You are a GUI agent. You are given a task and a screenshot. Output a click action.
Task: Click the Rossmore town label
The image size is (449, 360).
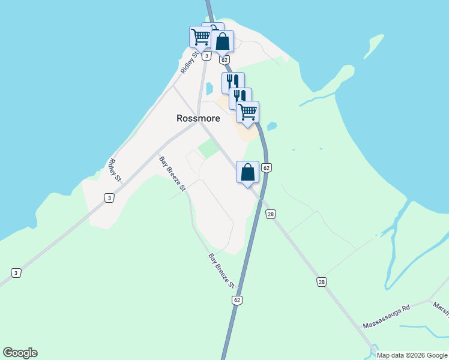click(198, 118)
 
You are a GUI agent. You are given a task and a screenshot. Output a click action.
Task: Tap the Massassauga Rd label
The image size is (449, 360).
click(386, 316)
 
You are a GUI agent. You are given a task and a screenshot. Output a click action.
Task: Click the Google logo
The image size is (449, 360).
click(20, 353)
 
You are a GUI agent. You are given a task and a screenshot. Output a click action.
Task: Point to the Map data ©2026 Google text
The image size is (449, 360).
click(411, 355)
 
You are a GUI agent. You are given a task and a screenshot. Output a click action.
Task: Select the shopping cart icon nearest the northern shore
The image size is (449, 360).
click(200, 37)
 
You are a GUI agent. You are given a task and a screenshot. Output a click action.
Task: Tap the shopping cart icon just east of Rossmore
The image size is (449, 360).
click(247, 112)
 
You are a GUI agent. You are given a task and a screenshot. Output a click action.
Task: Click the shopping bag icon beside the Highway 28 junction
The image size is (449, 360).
click(247, 172)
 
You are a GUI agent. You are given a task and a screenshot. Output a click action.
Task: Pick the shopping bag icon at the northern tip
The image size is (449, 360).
click(222, 41)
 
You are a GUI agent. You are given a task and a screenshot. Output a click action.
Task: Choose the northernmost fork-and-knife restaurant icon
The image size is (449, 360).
click(232, 82)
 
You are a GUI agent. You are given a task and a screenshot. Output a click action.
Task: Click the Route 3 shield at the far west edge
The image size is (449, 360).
click(16, 273)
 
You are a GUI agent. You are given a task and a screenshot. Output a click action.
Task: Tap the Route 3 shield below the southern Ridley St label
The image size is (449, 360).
click(109, 197)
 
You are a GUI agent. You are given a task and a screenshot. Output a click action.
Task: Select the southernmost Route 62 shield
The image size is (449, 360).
click(238, 299)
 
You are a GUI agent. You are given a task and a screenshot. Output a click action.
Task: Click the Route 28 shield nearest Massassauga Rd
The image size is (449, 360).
click(322, 281)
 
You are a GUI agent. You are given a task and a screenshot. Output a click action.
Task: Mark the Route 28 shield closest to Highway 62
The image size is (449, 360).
click(271, 214)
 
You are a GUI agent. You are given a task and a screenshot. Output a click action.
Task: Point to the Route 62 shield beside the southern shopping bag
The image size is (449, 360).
click(267, 167)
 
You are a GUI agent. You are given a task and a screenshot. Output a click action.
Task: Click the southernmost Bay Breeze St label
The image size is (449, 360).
click(221, 271)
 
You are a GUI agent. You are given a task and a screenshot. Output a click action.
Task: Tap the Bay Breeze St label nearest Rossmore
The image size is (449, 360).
click(172, 173)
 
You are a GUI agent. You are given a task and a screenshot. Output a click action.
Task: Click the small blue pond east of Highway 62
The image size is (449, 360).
click(272, 127)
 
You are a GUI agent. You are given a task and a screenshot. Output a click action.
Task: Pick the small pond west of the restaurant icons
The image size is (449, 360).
click(209, 89)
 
